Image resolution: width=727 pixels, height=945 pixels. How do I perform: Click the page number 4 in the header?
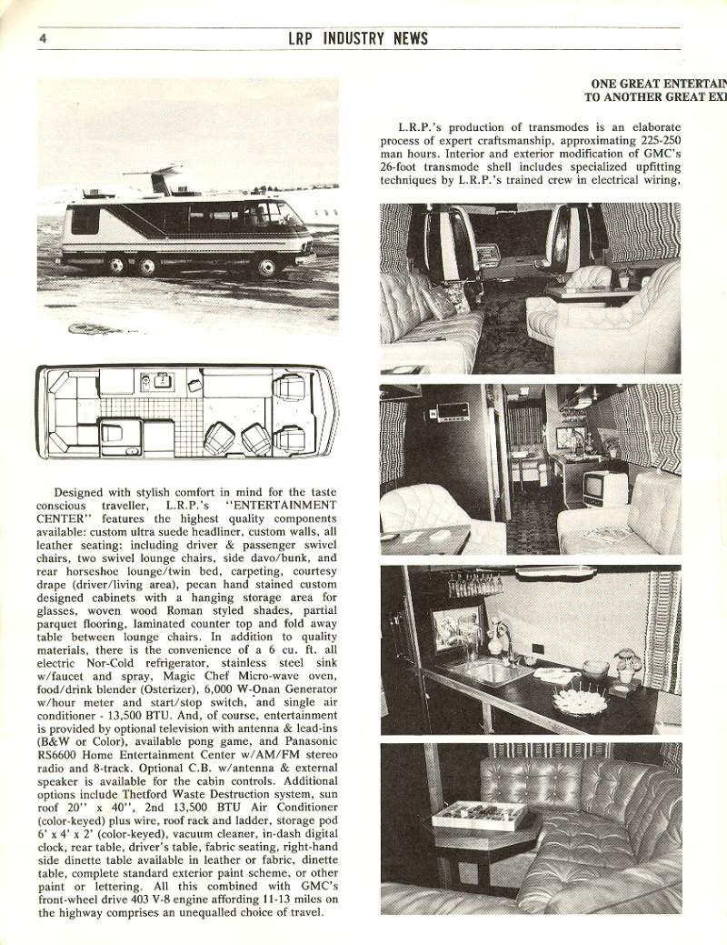tap(43, 38)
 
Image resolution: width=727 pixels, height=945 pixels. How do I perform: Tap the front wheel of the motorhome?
tap(267, 265)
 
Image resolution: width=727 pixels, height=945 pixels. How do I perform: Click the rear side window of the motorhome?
tap(85, 219)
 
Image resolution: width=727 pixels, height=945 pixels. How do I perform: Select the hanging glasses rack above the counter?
tap(473, 584)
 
